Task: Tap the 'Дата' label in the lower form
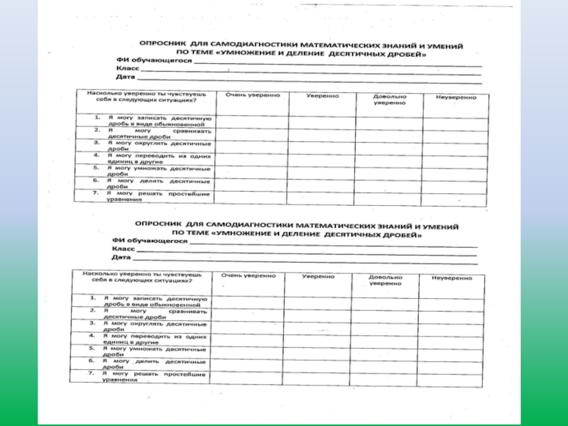click(x=121, y=258)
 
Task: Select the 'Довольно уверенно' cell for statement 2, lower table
click(x=388, y=313)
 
